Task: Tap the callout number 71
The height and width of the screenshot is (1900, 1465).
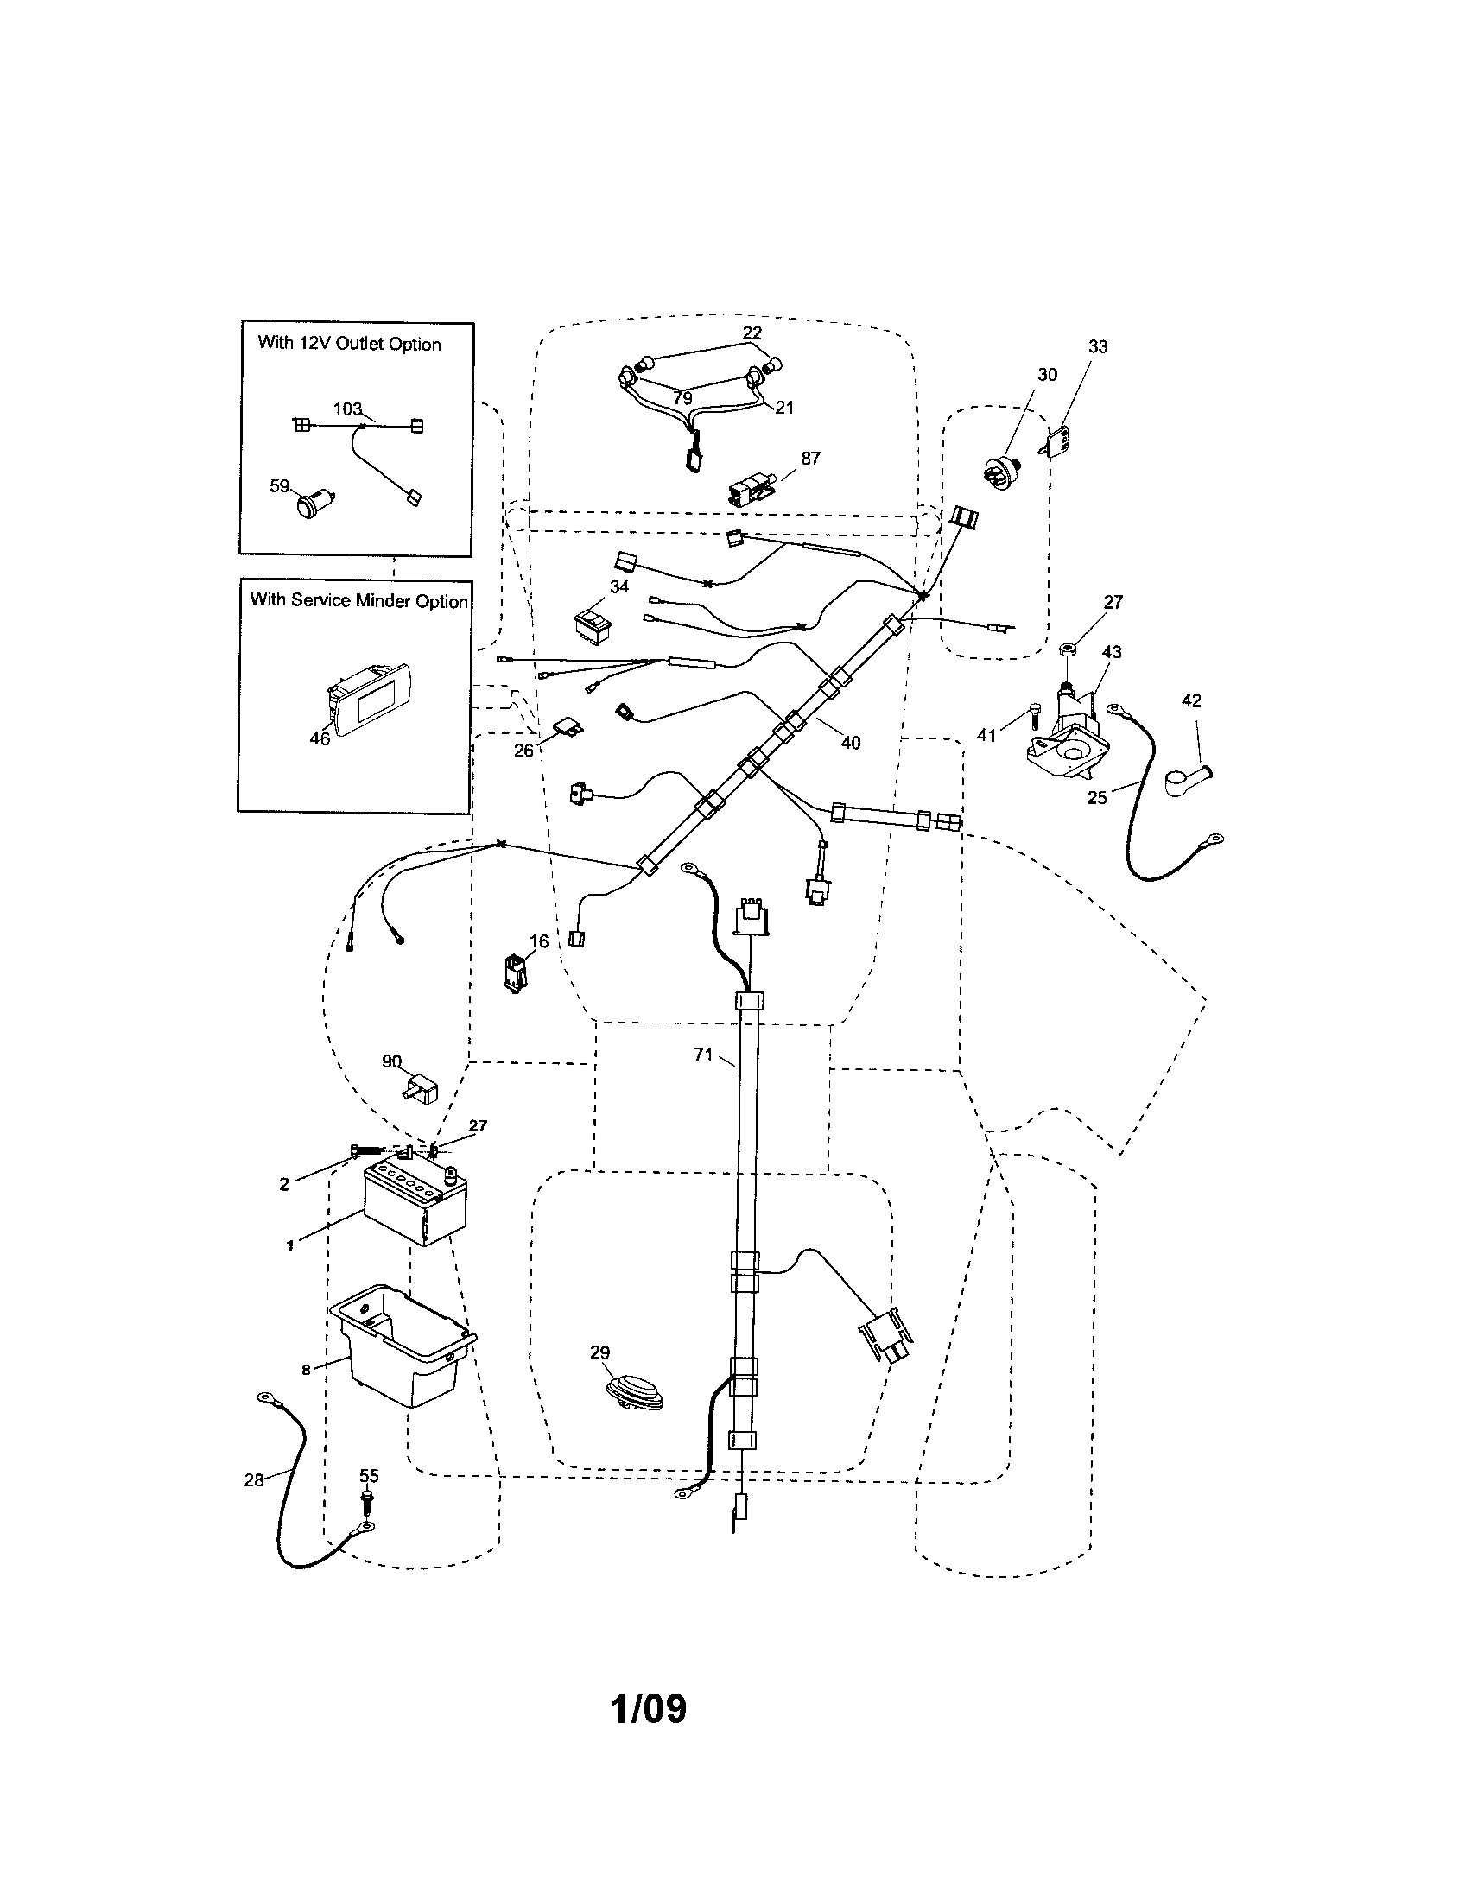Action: click(x=703, y=1054)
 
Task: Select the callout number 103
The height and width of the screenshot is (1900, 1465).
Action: click(x=347, y=408)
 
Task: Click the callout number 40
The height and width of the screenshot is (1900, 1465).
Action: click(x=850, y=742)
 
